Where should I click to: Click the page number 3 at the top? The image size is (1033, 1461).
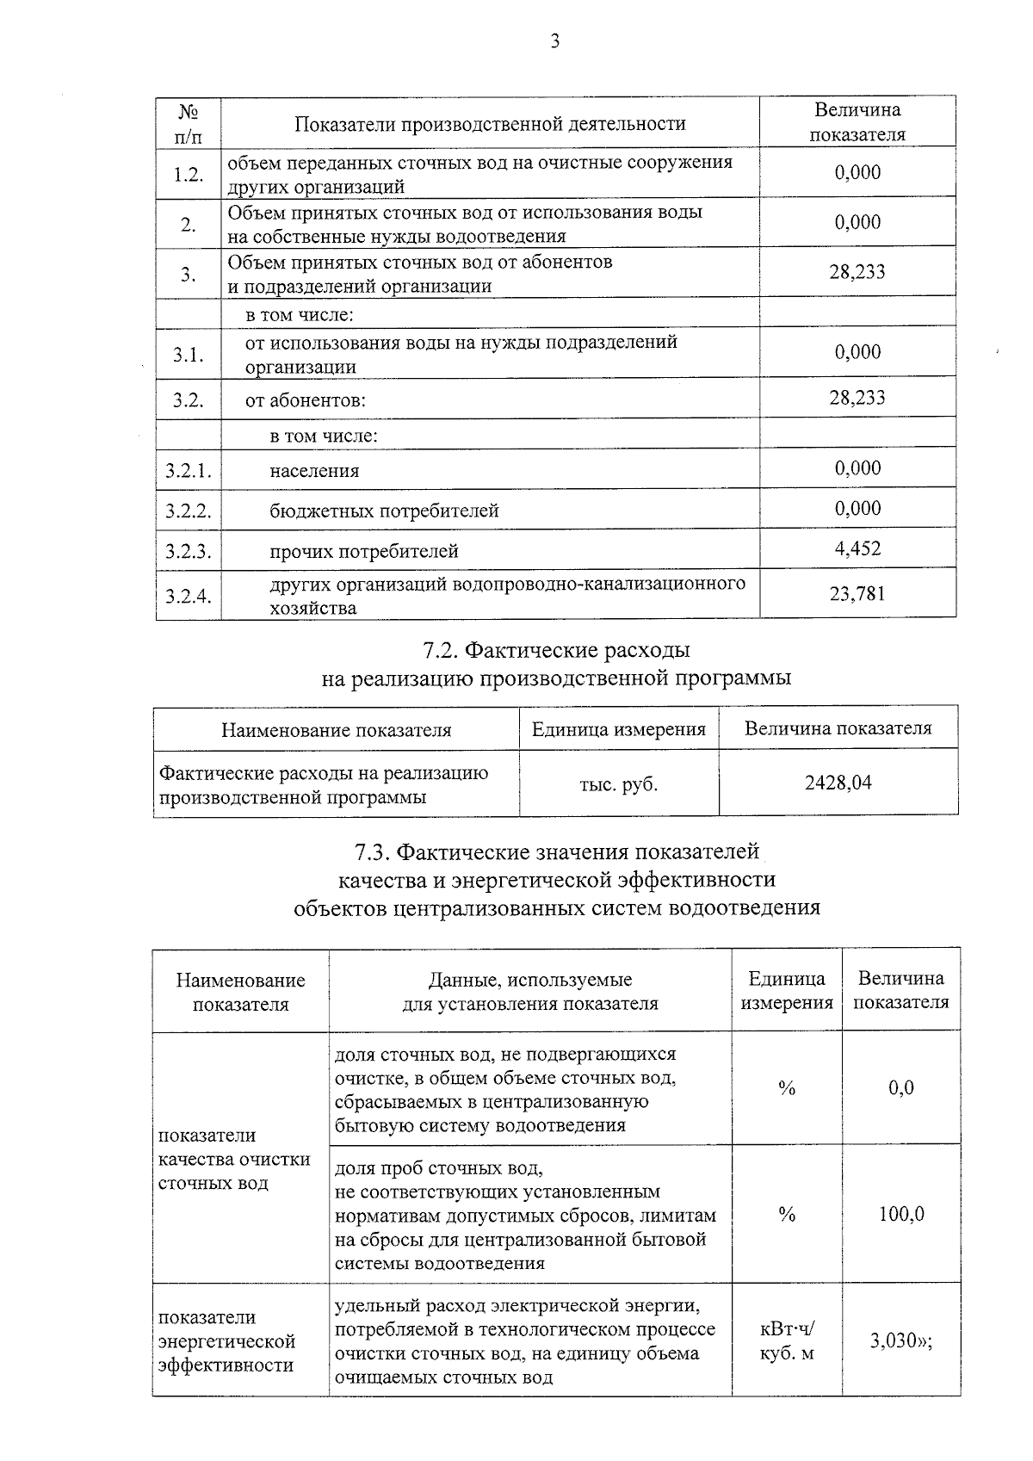point(554,41)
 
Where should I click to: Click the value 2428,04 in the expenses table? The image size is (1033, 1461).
point(838,783)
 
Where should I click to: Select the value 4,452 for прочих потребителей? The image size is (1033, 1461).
point(857,548)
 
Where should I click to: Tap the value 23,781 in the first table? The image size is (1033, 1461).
point(857,593)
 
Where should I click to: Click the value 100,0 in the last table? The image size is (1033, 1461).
point(900,1214)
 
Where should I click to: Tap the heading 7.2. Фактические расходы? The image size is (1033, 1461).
point(557,649)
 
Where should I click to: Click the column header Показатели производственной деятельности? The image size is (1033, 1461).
point(490,124)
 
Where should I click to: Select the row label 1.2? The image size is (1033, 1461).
point(189,174)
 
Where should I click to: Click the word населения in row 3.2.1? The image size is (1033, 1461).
point(314,471)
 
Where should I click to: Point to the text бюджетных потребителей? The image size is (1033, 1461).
point(384,511)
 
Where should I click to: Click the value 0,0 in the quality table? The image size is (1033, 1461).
point(900,1087)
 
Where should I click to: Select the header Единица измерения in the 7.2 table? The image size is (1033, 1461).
point(619,729)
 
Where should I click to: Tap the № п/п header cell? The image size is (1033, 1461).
point(189,123)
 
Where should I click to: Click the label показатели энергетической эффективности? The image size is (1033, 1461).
point(227,1341)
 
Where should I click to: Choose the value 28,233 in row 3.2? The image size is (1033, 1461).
point(857,398)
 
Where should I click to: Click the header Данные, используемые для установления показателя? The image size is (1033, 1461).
point(530,992)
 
